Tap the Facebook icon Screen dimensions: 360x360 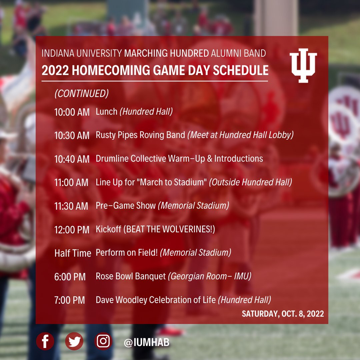[x=45, y=341]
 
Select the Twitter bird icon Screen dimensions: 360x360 [x=74, y=341]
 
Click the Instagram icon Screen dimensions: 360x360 [x=103, y=341]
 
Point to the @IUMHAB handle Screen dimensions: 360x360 [x=146, y=342]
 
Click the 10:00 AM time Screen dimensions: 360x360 [x=72, y=112]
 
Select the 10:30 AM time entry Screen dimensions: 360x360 [x=72, y=136]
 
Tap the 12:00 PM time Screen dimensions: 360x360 [x=72, y=230]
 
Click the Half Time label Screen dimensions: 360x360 [x=73, y=253]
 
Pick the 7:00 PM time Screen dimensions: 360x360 [x=69, y=300]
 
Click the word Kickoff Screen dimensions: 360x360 [x=108, y=229]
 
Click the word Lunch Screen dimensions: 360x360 [x=106, y=112]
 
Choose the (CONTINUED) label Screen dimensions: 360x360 [x=81, y=94]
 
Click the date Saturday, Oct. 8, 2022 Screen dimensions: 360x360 [x=283, y=314]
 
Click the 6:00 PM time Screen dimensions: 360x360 [x=70, y=277]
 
